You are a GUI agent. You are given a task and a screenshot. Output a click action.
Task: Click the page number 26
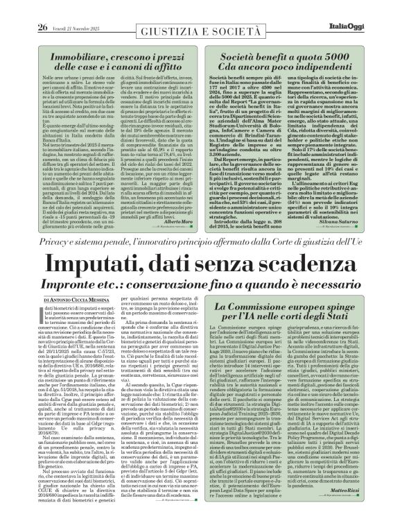click(x=24, y=8)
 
